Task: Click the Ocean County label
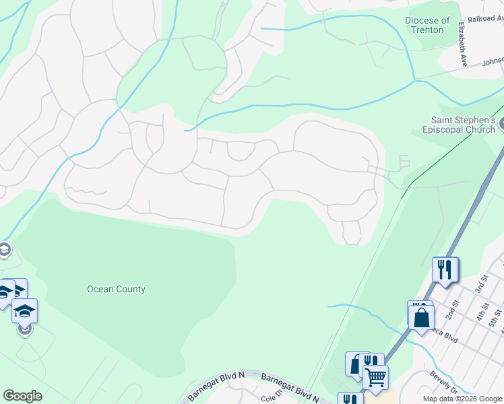pyautogui.click(x=116, y=290)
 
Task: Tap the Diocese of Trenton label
pyautogui.click(x=428, y=26)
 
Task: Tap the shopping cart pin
pyautogui.click(x=375, y=377)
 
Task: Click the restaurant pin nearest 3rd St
pyautogui.click(x=445, y=269)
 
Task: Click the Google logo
pyautogui.click(x=22, y=396)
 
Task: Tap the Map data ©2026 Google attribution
pyautogui.click(x=462, y=399)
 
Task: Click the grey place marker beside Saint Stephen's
pyautogui.click(x=501, y=125)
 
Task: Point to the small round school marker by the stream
pyautogui.click(x=4, y=250)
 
